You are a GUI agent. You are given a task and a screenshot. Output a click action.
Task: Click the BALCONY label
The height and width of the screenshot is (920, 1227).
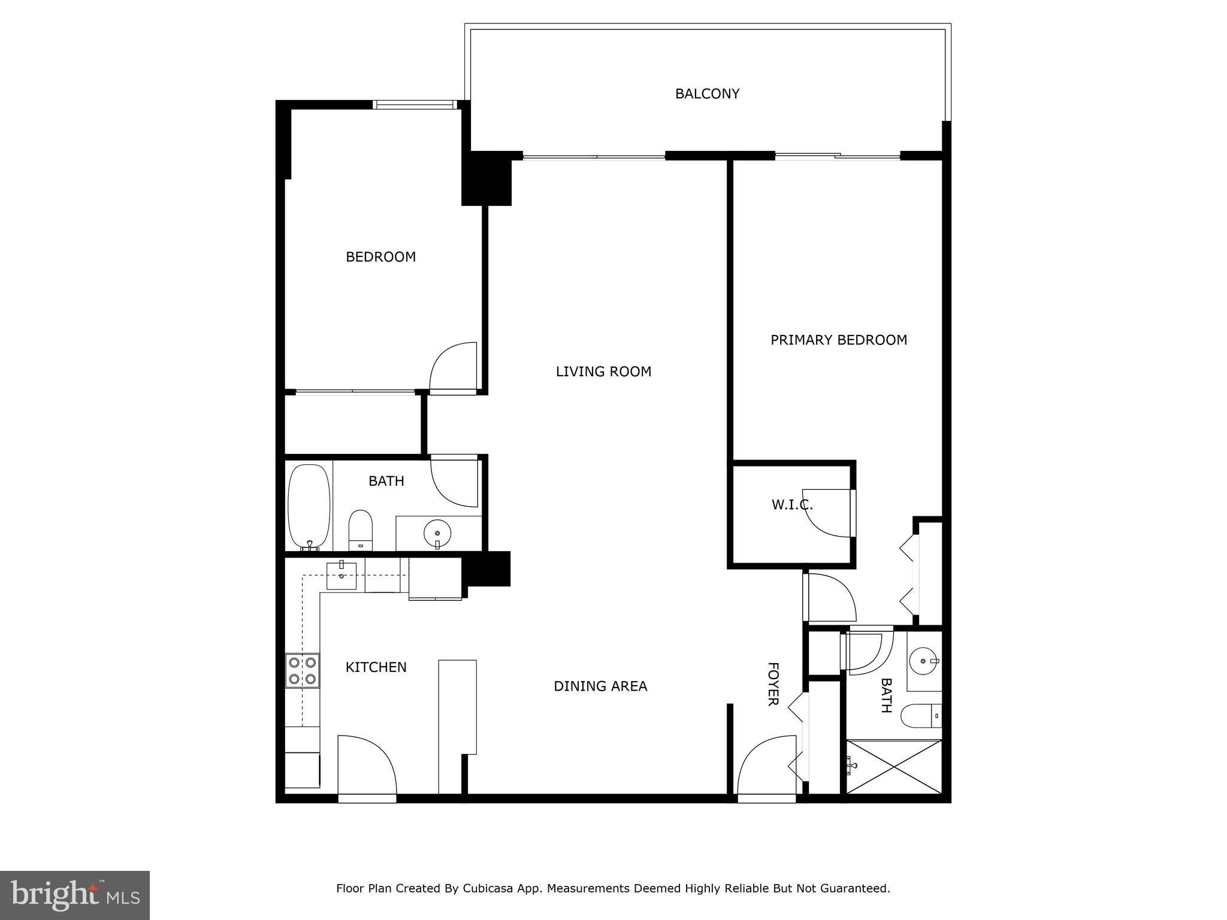(x=707, y=94)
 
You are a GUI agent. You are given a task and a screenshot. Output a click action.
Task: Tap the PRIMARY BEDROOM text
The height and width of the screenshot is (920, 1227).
(x=838, y=340)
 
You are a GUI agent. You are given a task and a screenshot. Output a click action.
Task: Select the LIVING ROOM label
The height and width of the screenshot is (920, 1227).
(x=603, y=371)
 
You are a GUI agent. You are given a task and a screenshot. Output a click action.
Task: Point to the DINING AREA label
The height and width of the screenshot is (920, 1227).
(x=600, y=686)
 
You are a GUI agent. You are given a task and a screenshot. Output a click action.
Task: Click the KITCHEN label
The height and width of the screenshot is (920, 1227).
(x=376, y=667)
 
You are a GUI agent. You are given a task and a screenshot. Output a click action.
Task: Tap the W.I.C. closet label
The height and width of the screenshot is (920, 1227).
(x=791, y=505)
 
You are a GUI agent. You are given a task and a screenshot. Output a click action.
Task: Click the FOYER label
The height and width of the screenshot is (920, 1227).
(x=773, y=684)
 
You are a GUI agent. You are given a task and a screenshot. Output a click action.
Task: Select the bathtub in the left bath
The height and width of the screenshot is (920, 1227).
(x=309, y=507)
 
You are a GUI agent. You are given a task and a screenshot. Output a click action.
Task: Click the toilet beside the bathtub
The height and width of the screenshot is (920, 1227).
(x=361, y=529)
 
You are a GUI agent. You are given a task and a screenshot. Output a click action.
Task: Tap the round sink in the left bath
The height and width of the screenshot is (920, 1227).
(x=437, y=532)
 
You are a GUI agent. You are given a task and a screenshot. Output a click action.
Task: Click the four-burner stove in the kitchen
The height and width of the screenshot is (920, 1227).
(x=303, y=671)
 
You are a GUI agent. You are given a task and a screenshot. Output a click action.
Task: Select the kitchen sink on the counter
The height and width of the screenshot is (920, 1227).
(x=341, y=575)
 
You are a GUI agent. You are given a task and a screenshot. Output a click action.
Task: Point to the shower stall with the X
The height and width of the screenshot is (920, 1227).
(x=893, y=767)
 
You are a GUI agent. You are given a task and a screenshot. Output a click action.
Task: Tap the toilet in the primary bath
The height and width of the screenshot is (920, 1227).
(x=921, y=715)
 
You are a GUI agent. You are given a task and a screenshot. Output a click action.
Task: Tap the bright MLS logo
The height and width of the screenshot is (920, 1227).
(x=75, y=895)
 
